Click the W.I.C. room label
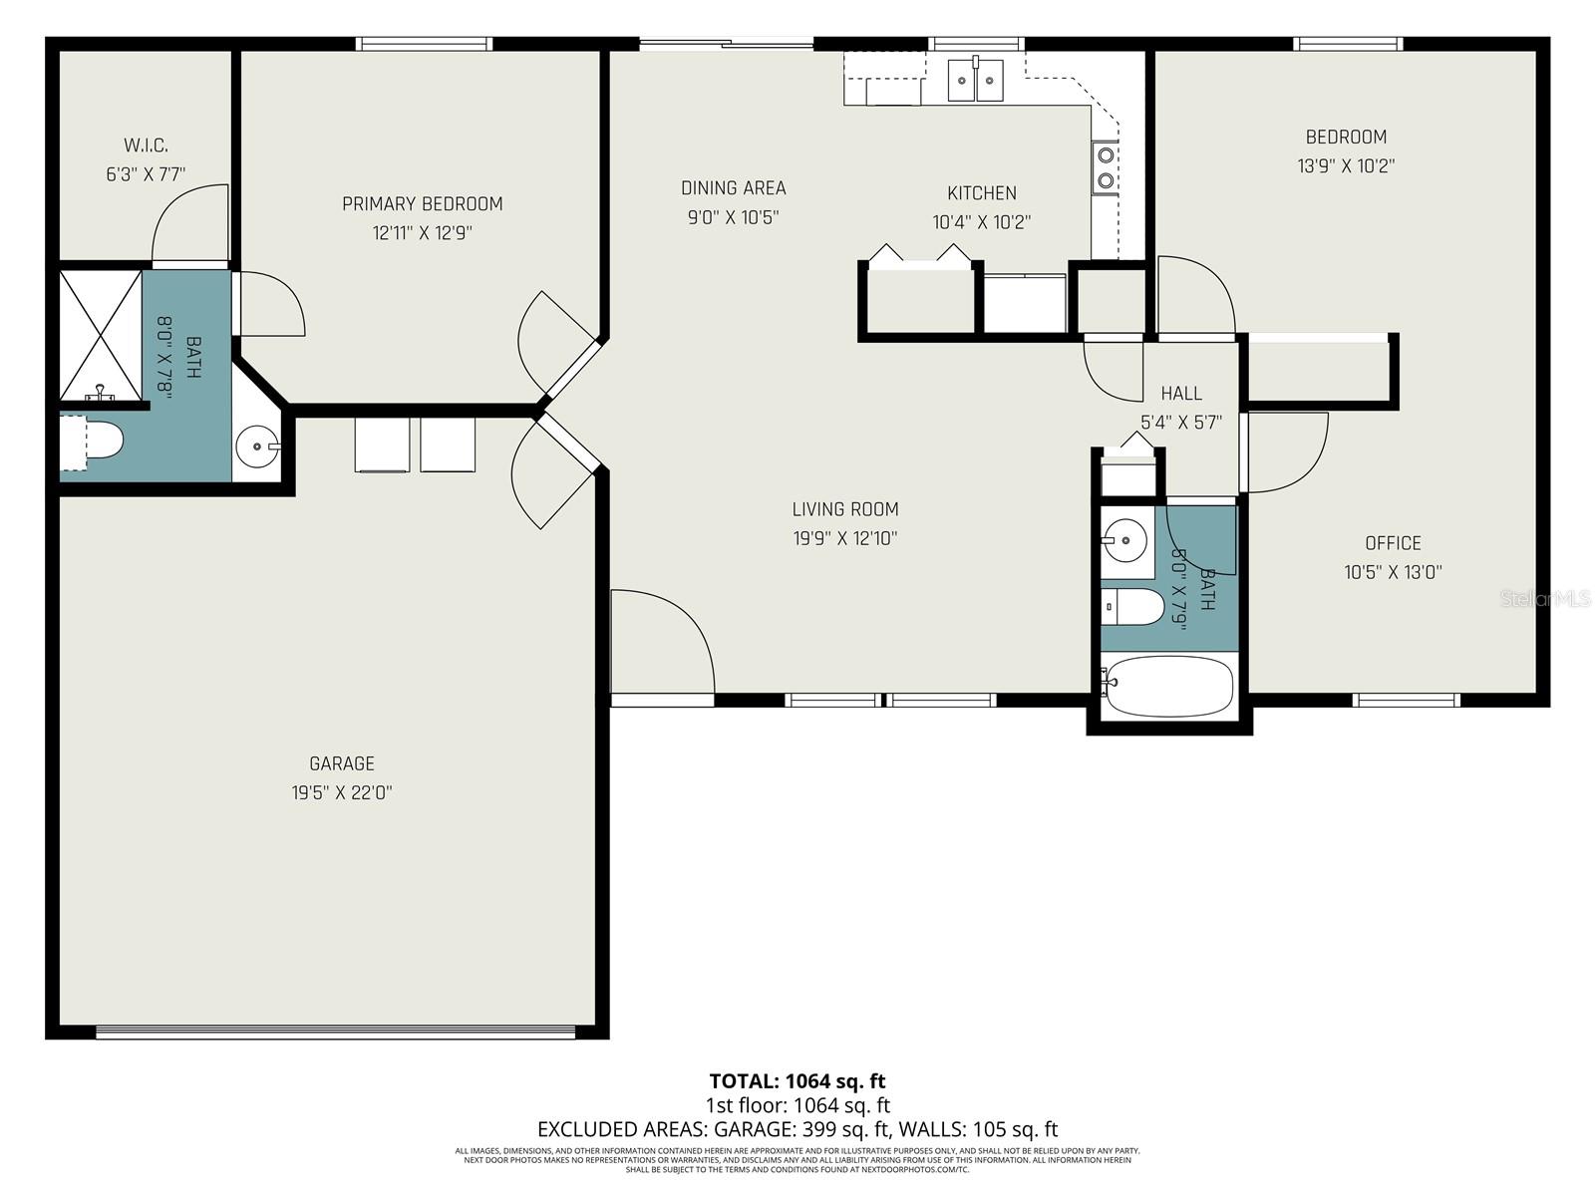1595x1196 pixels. (146, 146)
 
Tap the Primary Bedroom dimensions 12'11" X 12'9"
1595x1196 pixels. (422, 233)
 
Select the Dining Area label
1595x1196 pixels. (733, 187)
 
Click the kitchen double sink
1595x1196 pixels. (975, 80)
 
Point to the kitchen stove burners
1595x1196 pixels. (1105, 167)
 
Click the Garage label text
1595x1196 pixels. (342, 763)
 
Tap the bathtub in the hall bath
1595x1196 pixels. (1167, 687)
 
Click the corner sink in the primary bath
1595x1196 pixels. (259, 446)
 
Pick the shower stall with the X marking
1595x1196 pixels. (101, 333)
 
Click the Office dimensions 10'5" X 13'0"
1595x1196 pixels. (1393, 572)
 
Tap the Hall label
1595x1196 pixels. (1181, 393)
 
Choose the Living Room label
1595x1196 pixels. (845, 509)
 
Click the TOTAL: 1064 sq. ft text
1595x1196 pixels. (797, 1080)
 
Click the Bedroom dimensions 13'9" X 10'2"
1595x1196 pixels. (1345, 166)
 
